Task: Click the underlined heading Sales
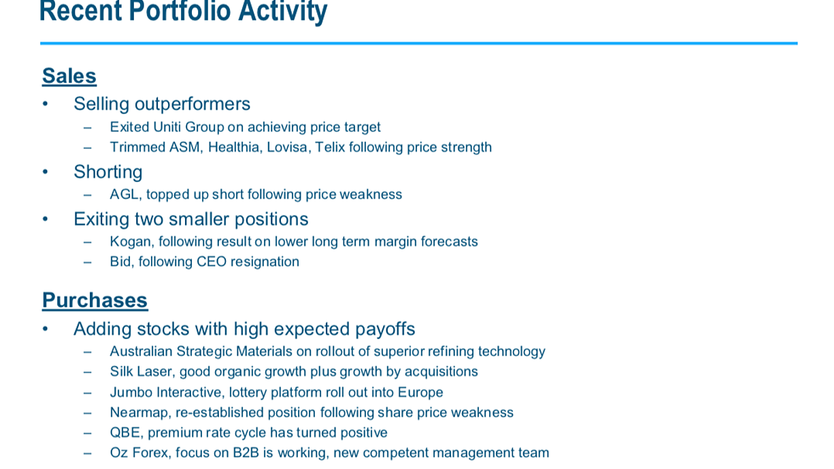[69, 76]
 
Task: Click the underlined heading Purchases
[95, 300]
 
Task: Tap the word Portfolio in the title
[180, 10]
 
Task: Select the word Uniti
[167, 127]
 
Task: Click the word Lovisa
[289, 147]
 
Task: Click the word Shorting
[108, 172]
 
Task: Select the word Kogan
[132, 242]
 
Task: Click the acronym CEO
[212, 262]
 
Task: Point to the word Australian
[141, 351]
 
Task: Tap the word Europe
[420, 393]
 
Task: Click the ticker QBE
[127, 433]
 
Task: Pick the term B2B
[246, 453]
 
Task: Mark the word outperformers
[193, 104]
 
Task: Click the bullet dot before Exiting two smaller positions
[46, 219]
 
